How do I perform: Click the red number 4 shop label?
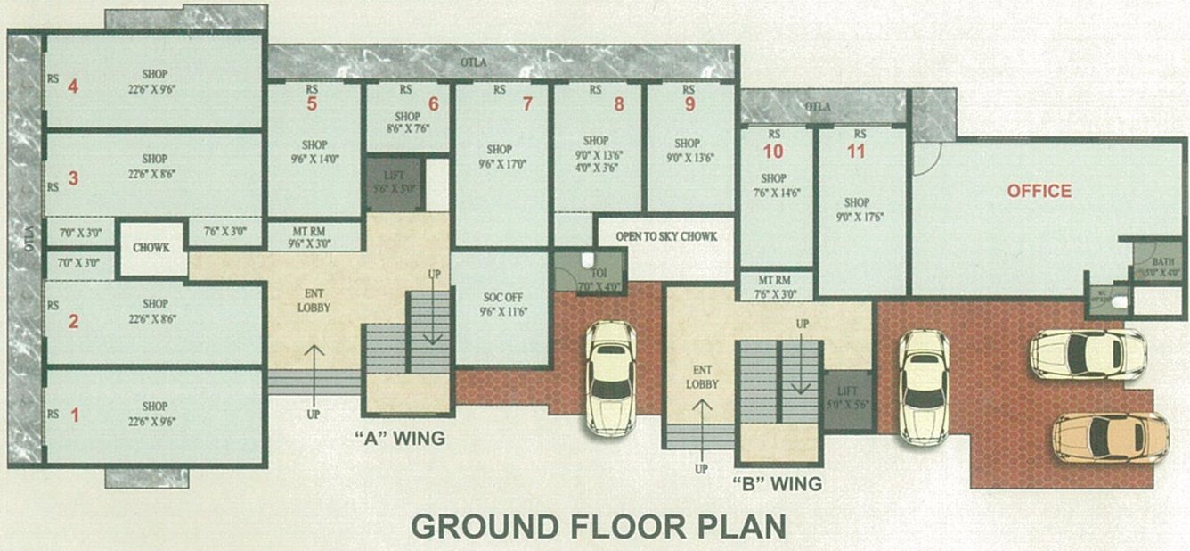point(73,86)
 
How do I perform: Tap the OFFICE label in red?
point(1039,191)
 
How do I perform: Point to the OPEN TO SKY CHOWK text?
point(666,236)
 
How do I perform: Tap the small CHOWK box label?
point(151,248)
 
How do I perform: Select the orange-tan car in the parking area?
point(1110,438)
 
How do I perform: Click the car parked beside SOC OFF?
point(611,378)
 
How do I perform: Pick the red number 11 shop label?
point(856,151)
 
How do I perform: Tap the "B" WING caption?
point(777,484)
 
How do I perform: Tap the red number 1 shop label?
point(74,415)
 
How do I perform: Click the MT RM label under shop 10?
point(773,286)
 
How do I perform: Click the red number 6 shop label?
point(433,103)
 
